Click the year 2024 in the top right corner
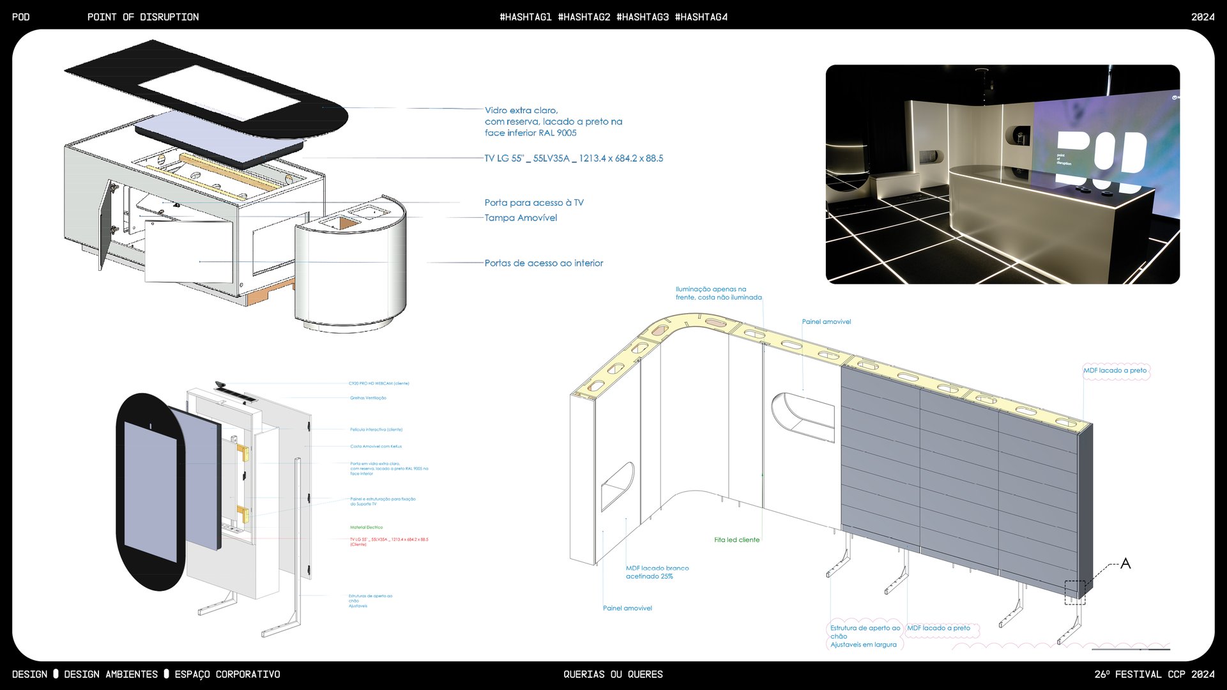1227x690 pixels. point(1202,17)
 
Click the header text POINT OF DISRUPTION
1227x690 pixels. point(143,17)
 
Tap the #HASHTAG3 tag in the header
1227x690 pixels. point(642,17)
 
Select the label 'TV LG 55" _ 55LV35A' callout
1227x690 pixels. point(573,158)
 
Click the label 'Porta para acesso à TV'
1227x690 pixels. point(533,203)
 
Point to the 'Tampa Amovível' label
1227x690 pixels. point(521,218)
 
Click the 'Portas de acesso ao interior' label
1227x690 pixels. point(543,263)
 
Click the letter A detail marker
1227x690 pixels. point(1125,563)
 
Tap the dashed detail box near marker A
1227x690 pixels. point(1075,592)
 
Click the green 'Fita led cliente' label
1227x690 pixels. point(736,540)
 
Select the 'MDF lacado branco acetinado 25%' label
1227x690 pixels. point(657,572)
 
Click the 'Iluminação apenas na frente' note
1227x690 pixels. point(718,293)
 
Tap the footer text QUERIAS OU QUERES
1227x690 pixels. point(613,675)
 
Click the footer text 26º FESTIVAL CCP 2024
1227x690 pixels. point(1154,675)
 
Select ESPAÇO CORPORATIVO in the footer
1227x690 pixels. point(227,675)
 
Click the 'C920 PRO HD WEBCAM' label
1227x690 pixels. point(379,383)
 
